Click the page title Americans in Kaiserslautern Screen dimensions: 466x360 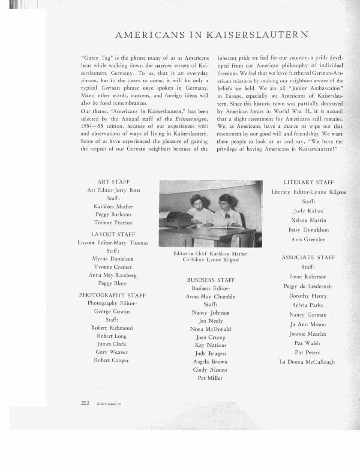[212, 36]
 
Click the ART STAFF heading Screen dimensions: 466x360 [114, 182]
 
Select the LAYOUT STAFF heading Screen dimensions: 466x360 [113, 235]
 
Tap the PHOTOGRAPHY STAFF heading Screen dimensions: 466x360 [112, 295]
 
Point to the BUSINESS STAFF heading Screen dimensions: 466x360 [211, 280]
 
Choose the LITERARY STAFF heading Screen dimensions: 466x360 [309, 183]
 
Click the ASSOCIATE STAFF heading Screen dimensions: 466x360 [308, 258]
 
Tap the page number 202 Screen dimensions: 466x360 [85, 403]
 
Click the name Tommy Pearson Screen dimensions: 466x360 [113, 222]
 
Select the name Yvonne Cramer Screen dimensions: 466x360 [113, 267]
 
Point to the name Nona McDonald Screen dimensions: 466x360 [210, 329]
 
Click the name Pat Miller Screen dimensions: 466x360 [210, 378]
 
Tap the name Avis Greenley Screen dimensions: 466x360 [308, 240]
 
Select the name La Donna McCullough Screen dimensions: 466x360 [307, 362]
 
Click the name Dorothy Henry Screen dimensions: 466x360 [308, 296]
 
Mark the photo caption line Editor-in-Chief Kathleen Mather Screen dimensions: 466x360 [210, 254]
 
